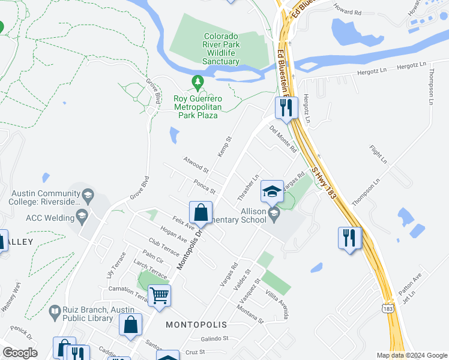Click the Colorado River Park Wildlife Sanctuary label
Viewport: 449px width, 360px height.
(x=221, y=49)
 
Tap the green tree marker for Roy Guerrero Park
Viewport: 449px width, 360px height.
(x=197, y=80)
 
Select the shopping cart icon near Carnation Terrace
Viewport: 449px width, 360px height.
(x=160, y=295)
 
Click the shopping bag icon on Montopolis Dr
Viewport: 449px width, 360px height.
(x=200, y=212)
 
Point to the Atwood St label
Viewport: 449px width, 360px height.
(x=196, y=162)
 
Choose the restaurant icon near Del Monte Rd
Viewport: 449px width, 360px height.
(x=286, y=107)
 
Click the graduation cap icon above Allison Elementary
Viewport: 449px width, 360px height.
(x=272, y=191)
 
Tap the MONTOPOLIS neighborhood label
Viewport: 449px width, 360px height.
(x=196, y=325)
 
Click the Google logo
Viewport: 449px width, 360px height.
(x=20, y=353)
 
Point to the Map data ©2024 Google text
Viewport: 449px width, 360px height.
(x=411, y=355)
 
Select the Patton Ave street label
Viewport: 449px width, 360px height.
(x=410, y=284)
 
